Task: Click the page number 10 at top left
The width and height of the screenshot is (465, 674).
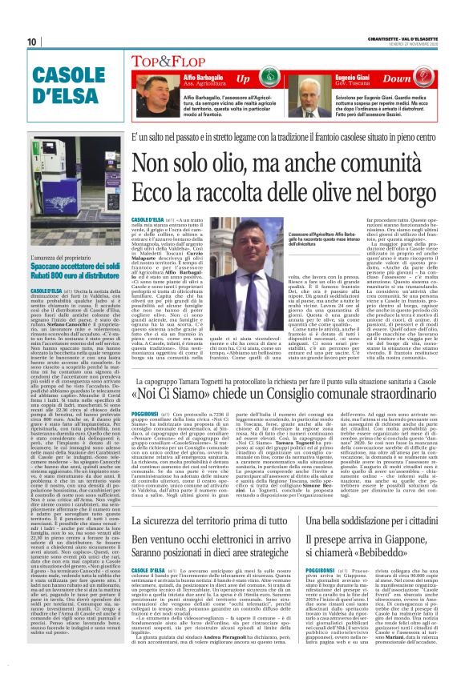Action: click(x=31, y=42)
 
